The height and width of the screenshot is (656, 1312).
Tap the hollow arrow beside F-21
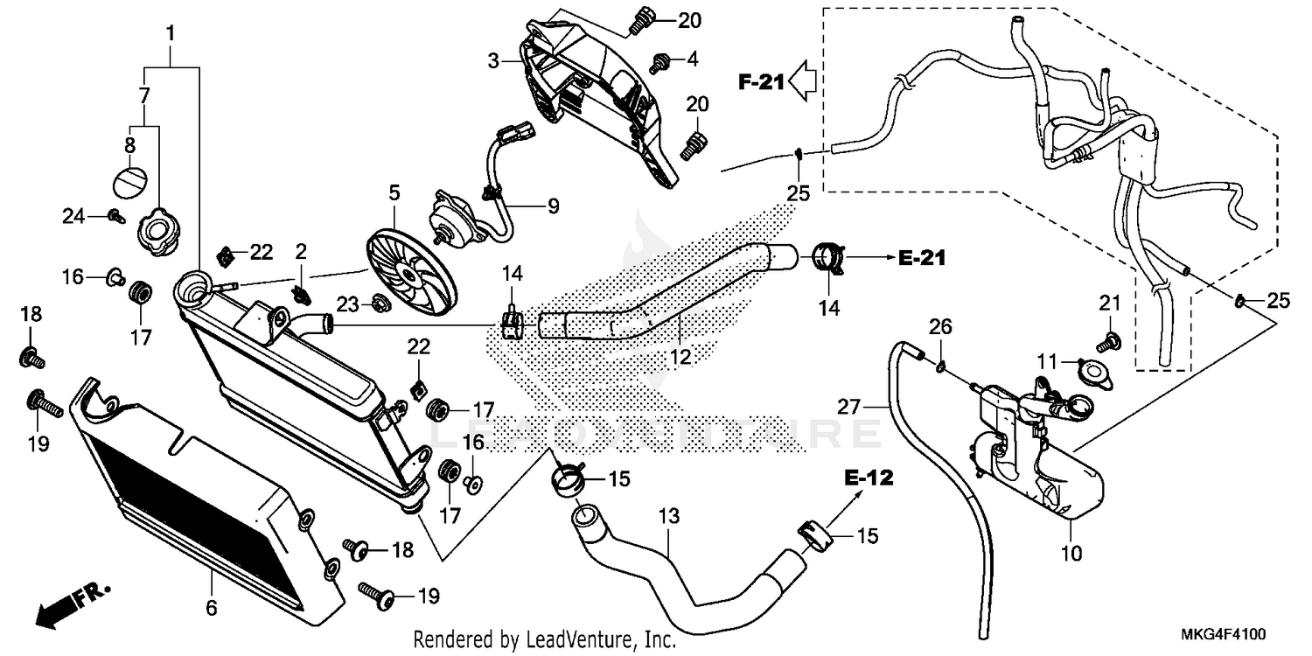point(801,81)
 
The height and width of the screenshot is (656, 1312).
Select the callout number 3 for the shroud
point(495,61)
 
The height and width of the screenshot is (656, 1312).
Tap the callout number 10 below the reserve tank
point(1071,553)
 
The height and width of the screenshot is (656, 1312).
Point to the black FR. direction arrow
point(61,606)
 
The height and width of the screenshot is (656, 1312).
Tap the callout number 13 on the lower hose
point(668,517)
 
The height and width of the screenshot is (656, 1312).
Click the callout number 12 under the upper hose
point(680,357)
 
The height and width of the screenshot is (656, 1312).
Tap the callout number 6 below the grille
point(212,607)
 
